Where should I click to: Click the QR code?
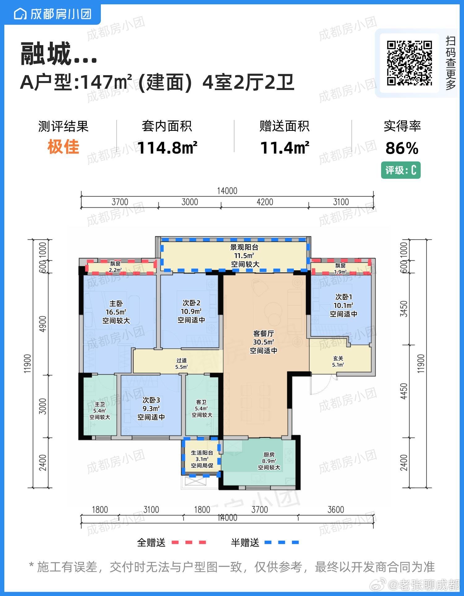click(x=409, y=63)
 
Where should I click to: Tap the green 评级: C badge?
click(x=401, y=170)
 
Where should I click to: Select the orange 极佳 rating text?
click(x=63, y=147)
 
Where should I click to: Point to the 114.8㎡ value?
click(x=167, y=148)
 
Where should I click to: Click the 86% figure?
click(x=402, y=148)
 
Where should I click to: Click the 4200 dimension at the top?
click(x=265, y=202)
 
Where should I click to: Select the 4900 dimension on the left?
click(x=43, y=324)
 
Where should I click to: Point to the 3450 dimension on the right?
click(x=404, y=309)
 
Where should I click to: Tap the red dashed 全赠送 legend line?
click(x=189, y=542)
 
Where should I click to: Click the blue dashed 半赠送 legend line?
click(x=282, y=542)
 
